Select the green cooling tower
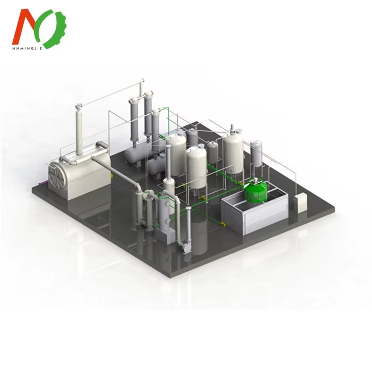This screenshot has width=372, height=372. click(256, 191)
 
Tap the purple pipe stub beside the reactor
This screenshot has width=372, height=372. click(42, 183)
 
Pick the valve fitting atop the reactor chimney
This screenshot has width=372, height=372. click(78, 106)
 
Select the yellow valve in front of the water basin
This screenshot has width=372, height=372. click(223, 224)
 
